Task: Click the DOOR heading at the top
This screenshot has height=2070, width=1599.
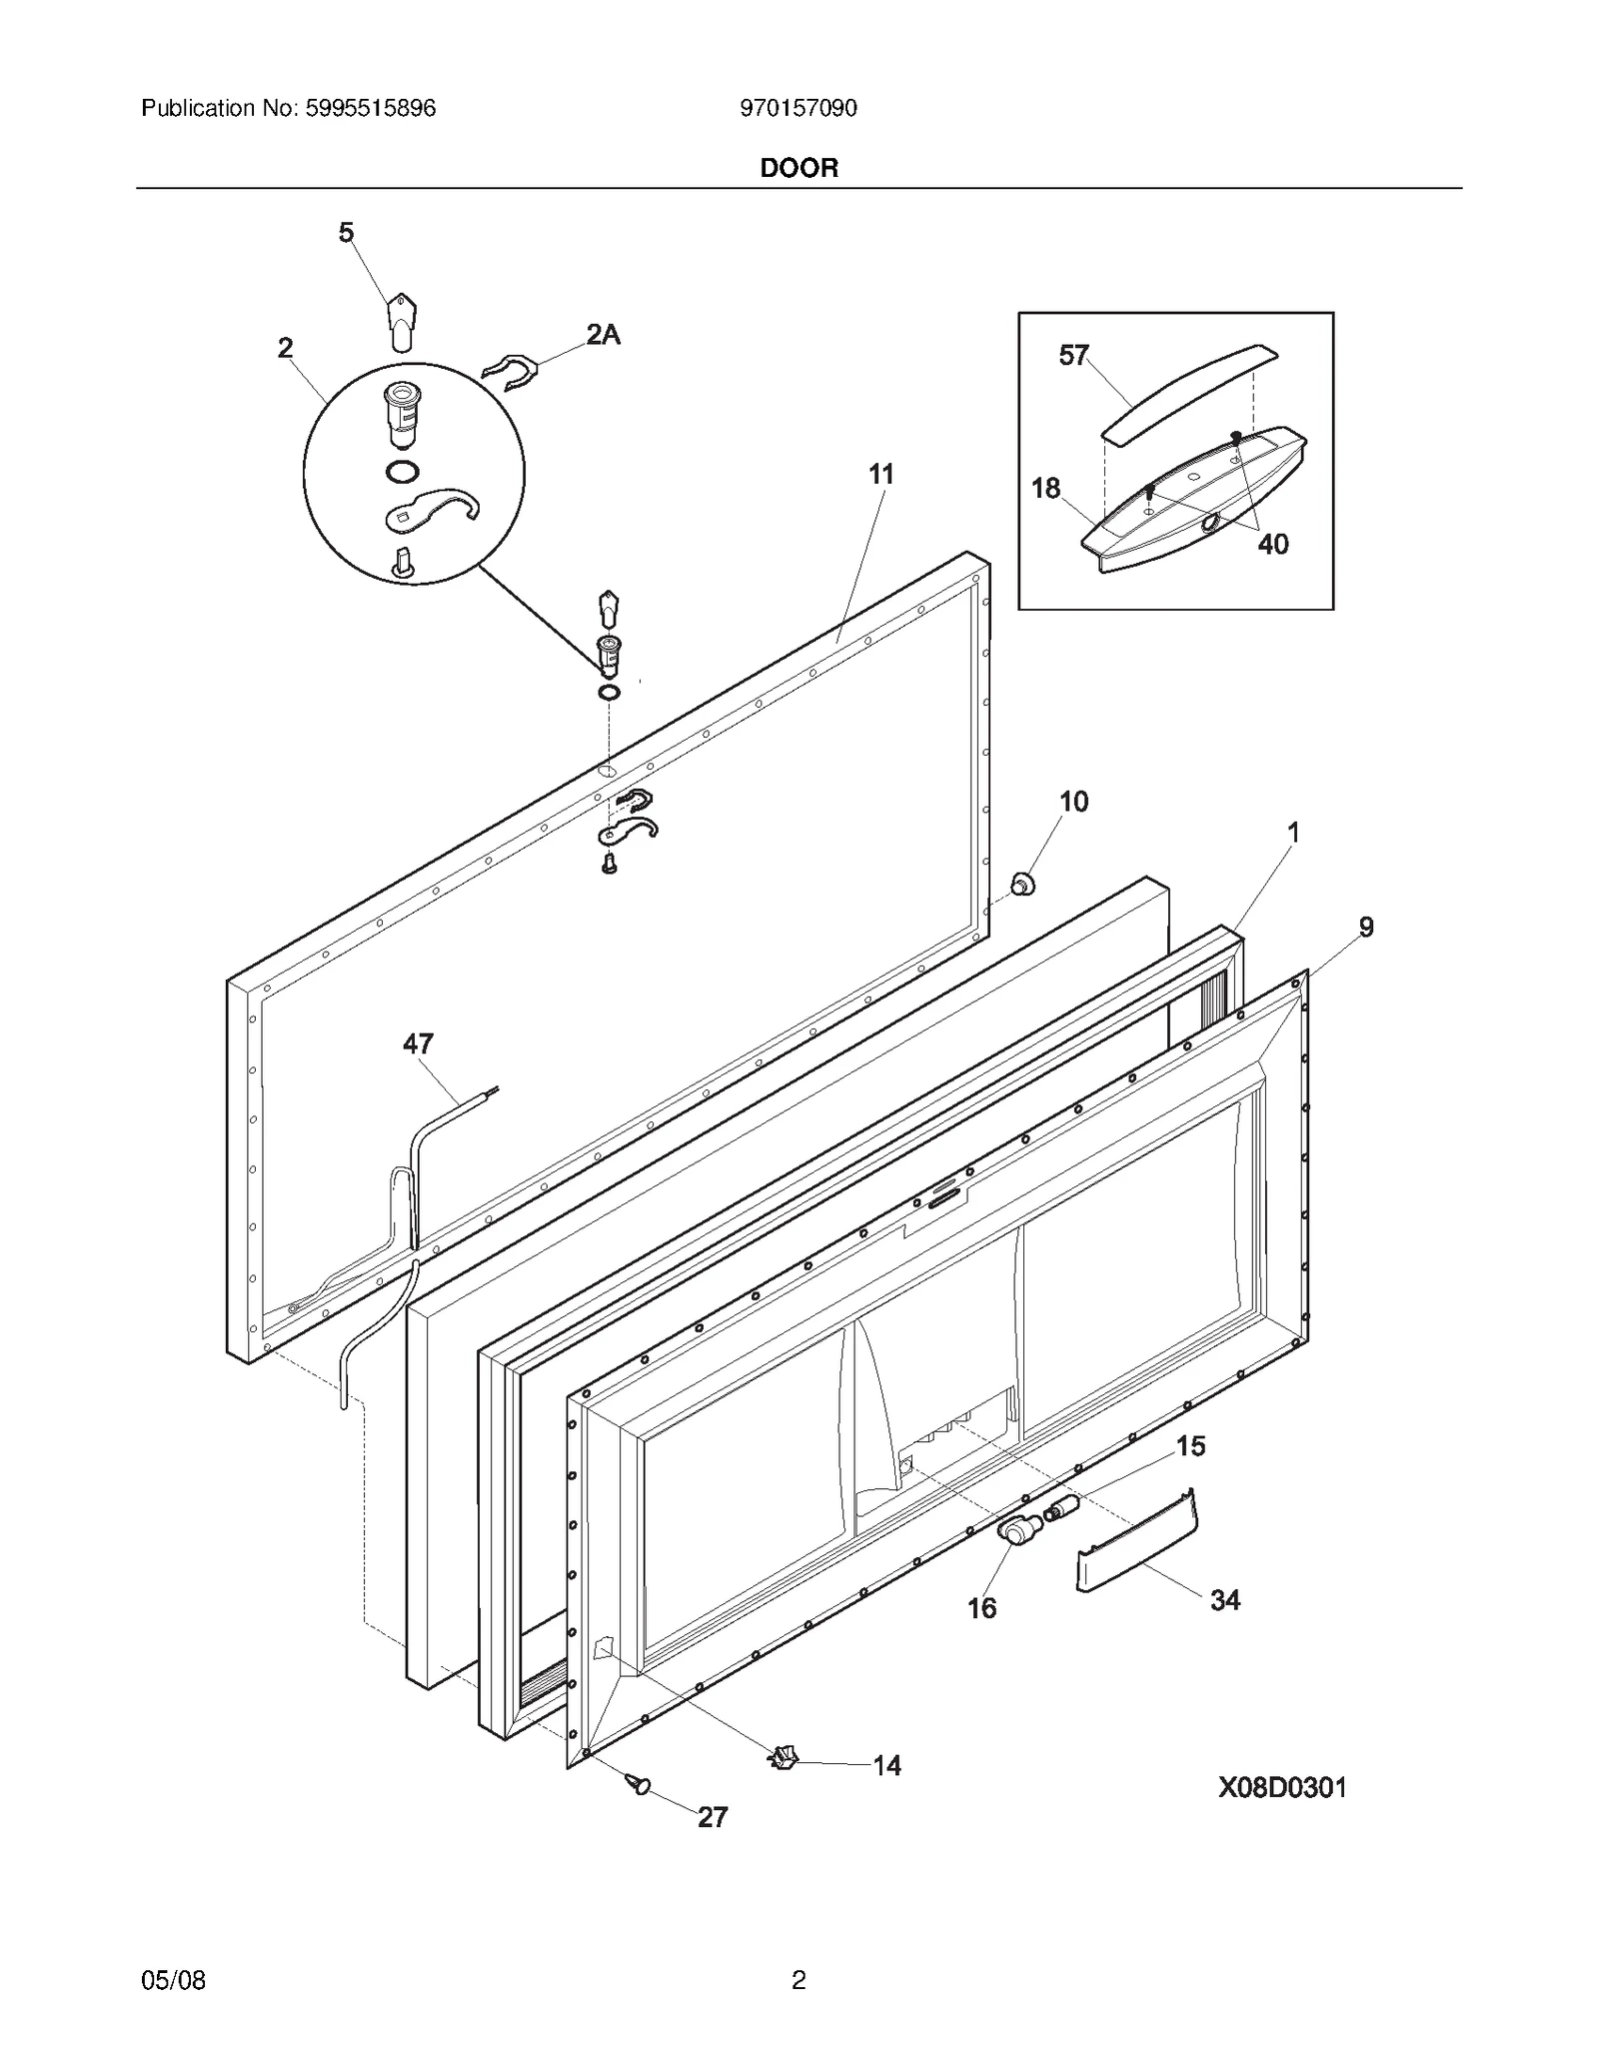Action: coord(799,168)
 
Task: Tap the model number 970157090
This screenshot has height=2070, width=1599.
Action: coord(798,108)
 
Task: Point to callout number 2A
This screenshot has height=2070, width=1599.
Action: coord(603,336)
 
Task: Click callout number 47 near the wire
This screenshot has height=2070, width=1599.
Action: coord(418,1044)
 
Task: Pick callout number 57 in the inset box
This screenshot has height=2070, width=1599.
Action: coord(1073,356)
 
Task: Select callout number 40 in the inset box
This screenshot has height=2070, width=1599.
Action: coord(1272,545)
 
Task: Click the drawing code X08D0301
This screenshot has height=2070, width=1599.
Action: coord(1281,1787)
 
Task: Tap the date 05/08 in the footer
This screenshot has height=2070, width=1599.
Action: coord(173,1980)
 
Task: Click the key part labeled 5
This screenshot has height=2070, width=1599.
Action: coord(400,322)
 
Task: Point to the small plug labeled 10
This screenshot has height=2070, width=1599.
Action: coord(1021,884)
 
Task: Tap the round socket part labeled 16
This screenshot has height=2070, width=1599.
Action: coord(1015,1530)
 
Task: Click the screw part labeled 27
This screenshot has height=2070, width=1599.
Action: coord(638,1783)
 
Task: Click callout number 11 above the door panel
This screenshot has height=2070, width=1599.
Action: coord(880,475)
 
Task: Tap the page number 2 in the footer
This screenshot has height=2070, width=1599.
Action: coord(799,1980)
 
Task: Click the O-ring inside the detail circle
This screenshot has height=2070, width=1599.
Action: coord(402,471)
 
